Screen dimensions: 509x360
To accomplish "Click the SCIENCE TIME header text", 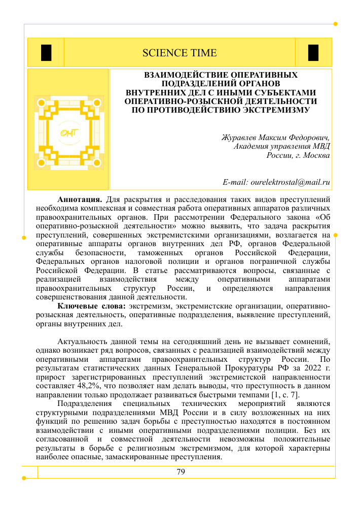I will (x=179, y=53).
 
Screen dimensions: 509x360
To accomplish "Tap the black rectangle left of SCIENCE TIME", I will (x=46, y=53).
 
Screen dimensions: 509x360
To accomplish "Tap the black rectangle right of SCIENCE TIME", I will (x=313, y=53).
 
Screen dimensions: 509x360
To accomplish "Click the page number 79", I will (x=181, y=472).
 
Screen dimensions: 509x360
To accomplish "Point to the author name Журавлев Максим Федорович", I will (x=276, y=138).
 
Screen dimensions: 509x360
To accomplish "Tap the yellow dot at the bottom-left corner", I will (x=24, y=478).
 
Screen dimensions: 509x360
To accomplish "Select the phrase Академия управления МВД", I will (x=281, y=147).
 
